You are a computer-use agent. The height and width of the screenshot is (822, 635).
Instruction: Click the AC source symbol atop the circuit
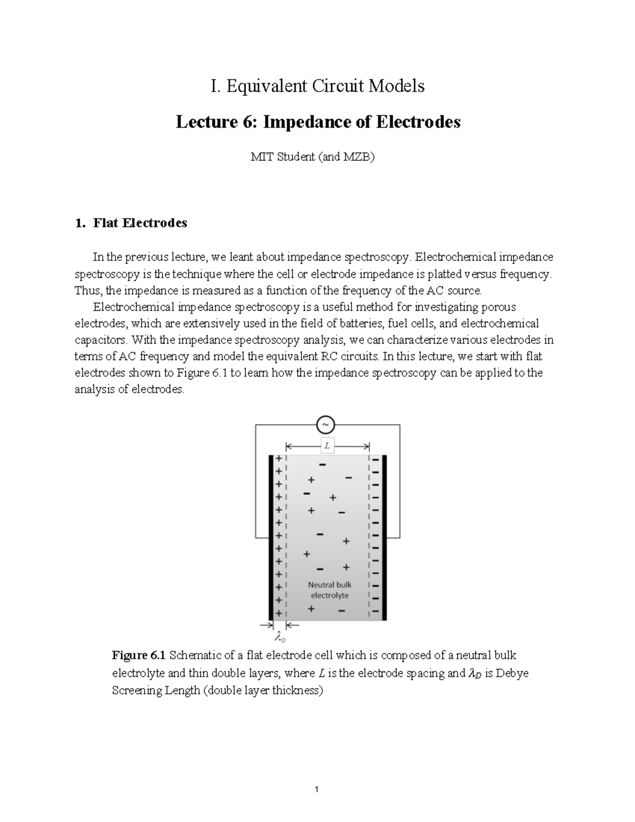(325, 424)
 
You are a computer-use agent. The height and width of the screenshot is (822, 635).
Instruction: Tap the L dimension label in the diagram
(328, 446)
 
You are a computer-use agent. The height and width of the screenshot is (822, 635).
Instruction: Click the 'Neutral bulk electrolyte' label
(330, 590)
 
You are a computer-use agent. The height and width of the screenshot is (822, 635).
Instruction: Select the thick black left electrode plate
(270, 537)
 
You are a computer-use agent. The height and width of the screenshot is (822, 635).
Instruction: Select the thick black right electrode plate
(385, 537)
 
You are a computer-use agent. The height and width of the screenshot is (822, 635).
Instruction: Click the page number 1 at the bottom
(316, 790)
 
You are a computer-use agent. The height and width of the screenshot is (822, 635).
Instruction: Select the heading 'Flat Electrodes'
(140, 223)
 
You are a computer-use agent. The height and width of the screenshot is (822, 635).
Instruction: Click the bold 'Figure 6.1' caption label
(139, 655)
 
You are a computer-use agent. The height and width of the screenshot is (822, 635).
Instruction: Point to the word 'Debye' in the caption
(513, 673)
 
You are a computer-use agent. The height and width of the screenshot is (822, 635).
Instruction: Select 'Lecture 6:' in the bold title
(217, 122)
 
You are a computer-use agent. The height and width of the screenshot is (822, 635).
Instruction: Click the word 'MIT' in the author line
(260, 157)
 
